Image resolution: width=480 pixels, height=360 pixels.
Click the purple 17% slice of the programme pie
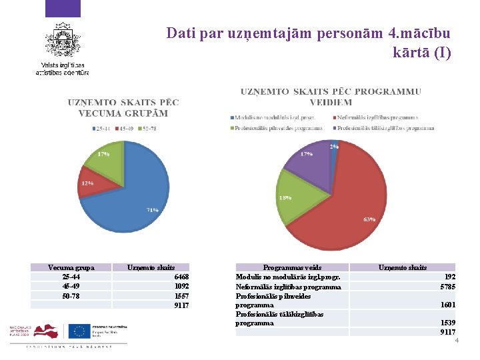[310, 163]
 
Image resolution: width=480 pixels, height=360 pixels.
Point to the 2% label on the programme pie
[333, 147]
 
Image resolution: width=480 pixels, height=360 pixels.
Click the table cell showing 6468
[181, 277]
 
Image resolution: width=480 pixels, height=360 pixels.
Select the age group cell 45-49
[71, 286]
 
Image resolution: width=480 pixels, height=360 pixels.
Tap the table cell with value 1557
[181, 295]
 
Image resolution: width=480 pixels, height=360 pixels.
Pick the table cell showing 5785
[448, 287]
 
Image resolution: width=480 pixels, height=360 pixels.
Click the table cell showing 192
[450, 277]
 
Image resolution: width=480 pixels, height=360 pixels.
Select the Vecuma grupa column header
[71, 267]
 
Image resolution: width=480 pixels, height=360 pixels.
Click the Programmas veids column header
[292, 267]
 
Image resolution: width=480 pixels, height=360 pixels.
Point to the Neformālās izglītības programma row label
[288, 287]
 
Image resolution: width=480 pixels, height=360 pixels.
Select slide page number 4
[457, 341]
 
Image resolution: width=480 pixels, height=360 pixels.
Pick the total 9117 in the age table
[181, 305]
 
